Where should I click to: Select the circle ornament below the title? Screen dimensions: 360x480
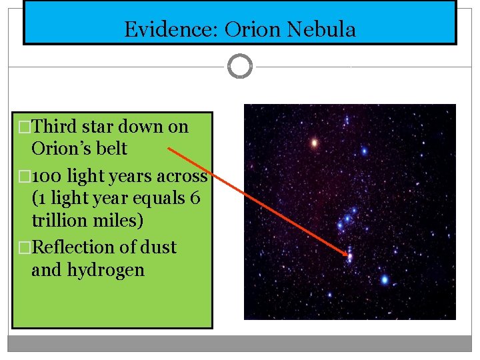pos(240,67)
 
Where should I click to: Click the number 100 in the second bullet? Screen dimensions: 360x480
pos(47,177)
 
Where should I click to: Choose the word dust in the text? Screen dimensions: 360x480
pos(160,247)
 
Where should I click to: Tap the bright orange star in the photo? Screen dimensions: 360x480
pos(314,142)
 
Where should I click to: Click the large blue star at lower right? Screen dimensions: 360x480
pos(385,279)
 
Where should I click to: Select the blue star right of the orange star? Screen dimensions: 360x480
pos(364,151)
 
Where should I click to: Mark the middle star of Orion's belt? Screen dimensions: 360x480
pos(347,218)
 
